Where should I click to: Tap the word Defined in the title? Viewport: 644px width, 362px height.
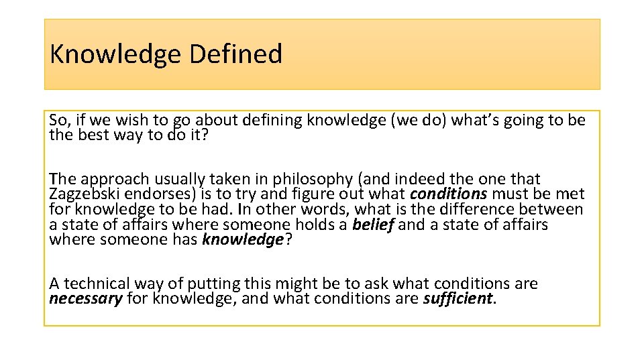point(235,54)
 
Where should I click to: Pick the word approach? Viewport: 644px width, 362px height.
point(115,179)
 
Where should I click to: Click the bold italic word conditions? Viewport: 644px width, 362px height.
point(449,194)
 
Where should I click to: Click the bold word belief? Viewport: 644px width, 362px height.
point(373,225)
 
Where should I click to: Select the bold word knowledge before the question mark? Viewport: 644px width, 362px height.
point(243,240)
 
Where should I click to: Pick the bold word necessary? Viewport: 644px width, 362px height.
point(86,298)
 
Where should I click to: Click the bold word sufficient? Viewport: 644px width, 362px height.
point(458,298)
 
